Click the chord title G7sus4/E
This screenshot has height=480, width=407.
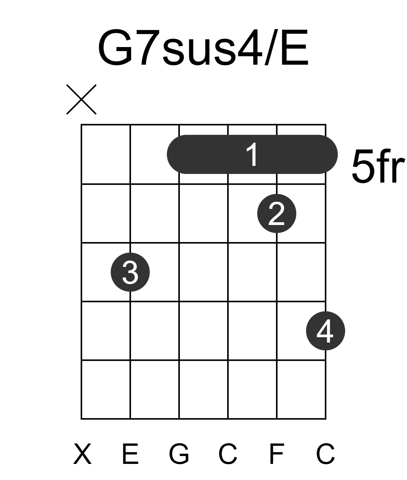pyautogui.click(x=203, y=47)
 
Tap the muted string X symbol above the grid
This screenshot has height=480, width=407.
pyautogui.click(x=81, y=99)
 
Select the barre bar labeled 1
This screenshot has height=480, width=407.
pyautogui.click(x=252, y=154)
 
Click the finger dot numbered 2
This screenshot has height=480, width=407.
pyautogui.click(x=277, y=214)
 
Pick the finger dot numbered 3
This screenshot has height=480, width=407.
pyautogui.click(x=130, y=272)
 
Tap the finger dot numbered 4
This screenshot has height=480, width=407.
pyautogui.click(x=326, y=331)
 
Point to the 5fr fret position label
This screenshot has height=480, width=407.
pyautogui.click(x=379, y=166)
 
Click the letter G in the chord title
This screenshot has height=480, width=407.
pyautogui.click(x=116, y=47)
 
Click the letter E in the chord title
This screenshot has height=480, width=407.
pyautogui.click(x=295, y=47)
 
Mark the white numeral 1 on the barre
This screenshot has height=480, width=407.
pyautogui.click(x=252, y=154)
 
